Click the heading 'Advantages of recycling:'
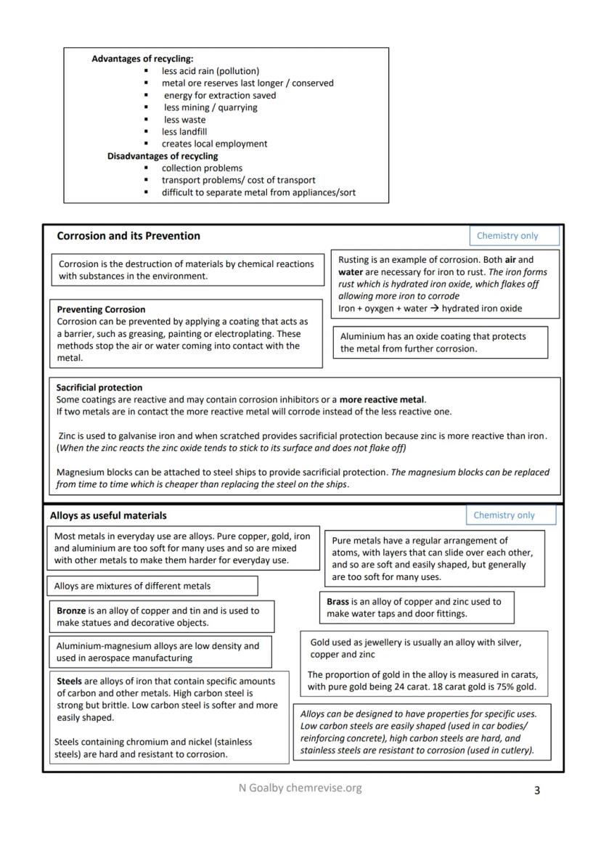(142, 59)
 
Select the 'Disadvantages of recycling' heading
(163, 156)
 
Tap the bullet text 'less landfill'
(184, 132)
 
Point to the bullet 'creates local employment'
(214, 144)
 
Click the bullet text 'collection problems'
(202, 168)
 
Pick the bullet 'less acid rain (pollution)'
(210, 71)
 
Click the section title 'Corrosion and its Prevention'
(128, 236)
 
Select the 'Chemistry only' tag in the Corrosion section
(507, 236)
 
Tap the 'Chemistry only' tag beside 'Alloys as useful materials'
(504, 515)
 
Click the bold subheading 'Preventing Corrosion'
(101, 309)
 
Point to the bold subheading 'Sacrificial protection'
(99, 388)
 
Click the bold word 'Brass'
(338, 602)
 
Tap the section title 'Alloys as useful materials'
(108, 516)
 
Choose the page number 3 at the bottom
(536, 790)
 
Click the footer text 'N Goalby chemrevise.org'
(300, 788)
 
